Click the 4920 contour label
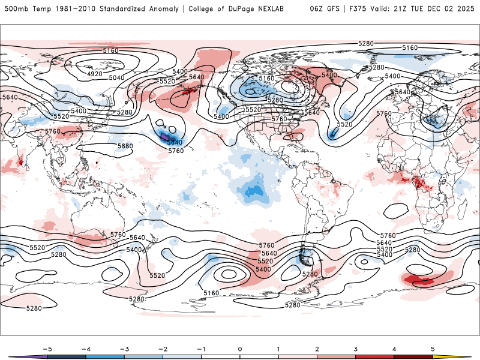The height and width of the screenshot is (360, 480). (x=95, y=74)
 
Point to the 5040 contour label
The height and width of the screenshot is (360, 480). (x=117, y=78)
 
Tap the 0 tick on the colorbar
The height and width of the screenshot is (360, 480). (x=239, y=349)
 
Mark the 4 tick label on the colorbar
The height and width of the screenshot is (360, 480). (x=394, y=349)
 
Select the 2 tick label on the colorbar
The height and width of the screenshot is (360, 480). (x=317, y=349)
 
